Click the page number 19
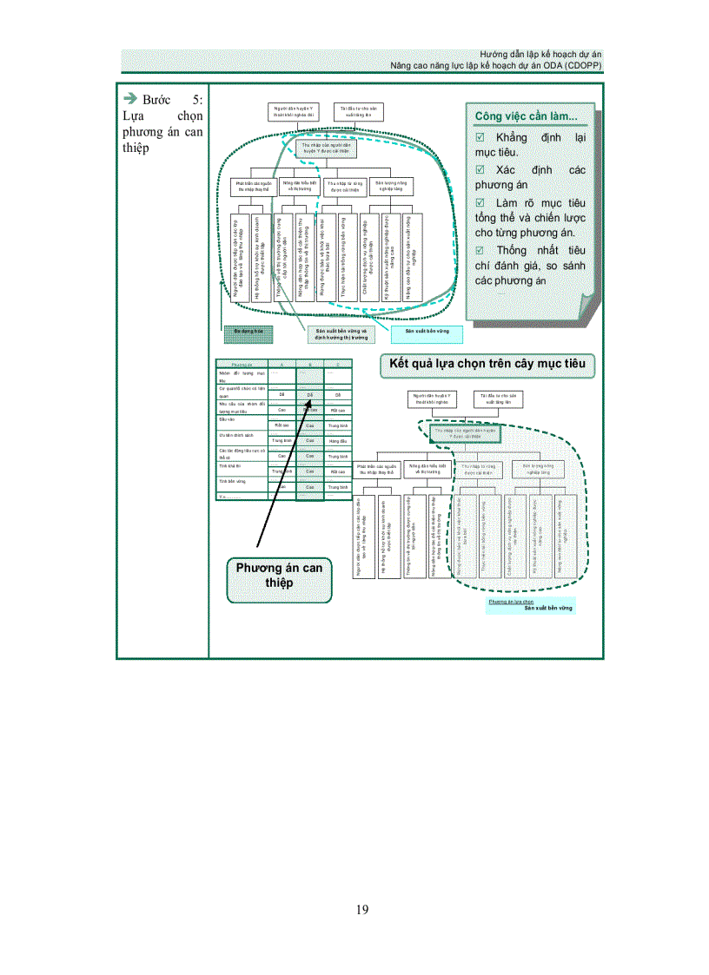click(x=361, y=909)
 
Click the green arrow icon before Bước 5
click(x=130, y=98)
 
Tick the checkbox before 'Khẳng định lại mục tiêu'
click(x=480, y=138)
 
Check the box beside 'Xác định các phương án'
click(x=480, y=170)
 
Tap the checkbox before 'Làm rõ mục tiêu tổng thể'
click(x=480, y=202)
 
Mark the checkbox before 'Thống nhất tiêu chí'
click(x=480, y=250)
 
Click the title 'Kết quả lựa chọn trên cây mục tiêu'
click(x=487, y=366)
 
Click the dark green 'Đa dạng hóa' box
click(x=248, y=331)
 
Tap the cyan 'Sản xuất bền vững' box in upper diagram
click(x=427, y=332)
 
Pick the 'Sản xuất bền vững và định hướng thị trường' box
click(x=341, y=334)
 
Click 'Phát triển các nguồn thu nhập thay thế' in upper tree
click(x=255, y=187)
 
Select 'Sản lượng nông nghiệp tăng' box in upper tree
click(x=392, y=187)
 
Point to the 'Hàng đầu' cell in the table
click(x=338, y=441)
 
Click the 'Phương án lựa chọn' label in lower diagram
click(x=511, y=601)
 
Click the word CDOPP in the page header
click(x=582, y=65)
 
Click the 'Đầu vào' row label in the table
click(x=228, y=419)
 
